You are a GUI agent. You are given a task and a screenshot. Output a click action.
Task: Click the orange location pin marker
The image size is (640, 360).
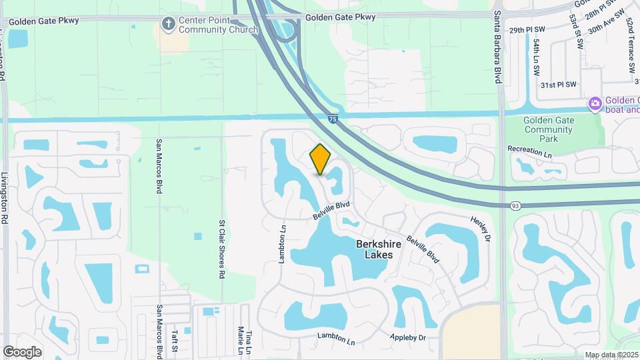coord(320,159)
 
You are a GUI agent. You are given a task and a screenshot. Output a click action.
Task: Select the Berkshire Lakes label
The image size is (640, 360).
coord(379,249)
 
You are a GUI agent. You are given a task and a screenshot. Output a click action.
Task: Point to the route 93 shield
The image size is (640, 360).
coord(515,206)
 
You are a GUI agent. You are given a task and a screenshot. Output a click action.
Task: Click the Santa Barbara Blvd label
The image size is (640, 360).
coord(497,47)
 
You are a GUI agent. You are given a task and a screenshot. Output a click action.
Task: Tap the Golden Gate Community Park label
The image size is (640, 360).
coord(549,129)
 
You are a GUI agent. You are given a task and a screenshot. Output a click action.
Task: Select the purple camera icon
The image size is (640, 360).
coord(594,104)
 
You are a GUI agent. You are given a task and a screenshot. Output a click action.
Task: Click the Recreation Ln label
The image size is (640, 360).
coord(530,151)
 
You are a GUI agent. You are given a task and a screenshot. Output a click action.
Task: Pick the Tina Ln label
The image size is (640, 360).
coord(249,341)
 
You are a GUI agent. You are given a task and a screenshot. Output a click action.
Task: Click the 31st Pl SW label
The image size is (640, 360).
coord(557,85)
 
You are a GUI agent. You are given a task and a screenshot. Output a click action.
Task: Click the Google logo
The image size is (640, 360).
coord(22,352)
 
